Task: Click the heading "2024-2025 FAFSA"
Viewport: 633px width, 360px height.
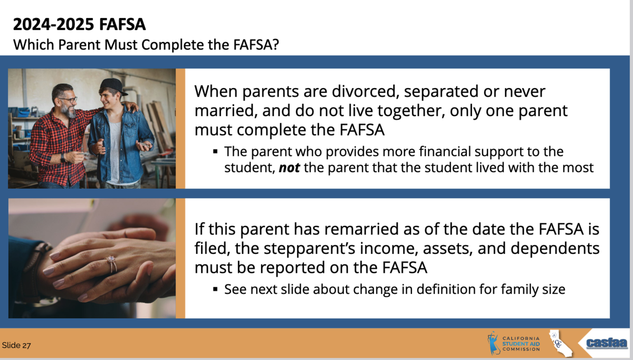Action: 80,24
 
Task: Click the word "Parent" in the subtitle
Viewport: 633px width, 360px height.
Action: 80,45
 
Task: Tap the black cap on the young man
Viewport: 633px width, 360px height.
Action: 113,86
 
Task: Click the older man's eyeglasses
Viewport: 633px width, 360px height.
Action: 68,100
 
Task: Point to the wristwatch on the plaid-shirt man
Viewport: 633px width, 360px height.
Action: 62,157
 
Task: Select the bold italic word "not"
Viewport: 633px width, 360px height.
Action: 289,168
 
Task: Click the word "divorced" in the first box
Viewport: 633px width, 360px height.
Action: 365,91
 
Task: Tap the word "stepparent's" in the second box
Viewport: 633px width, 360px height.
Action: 309,248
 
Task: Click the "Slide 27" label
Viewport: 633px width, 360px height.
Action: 16,345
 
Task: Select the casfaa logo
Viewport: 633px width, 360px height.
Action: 607,344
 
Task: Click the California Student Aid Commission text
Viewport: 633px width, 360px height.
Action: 521,344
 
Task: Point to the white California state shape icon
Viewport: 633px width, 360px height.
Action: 560,343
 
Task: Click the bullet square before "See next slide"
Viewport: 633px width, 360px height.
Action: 215,289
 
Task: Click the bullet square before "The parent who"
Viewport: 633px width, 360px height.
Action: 215,152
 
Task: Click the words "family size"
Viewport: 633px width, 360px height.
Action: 533,289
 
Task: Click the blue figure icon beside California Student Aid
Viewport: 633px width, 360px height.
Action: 493,343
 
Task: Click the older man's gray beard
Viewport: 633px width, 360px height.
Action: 69,111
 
